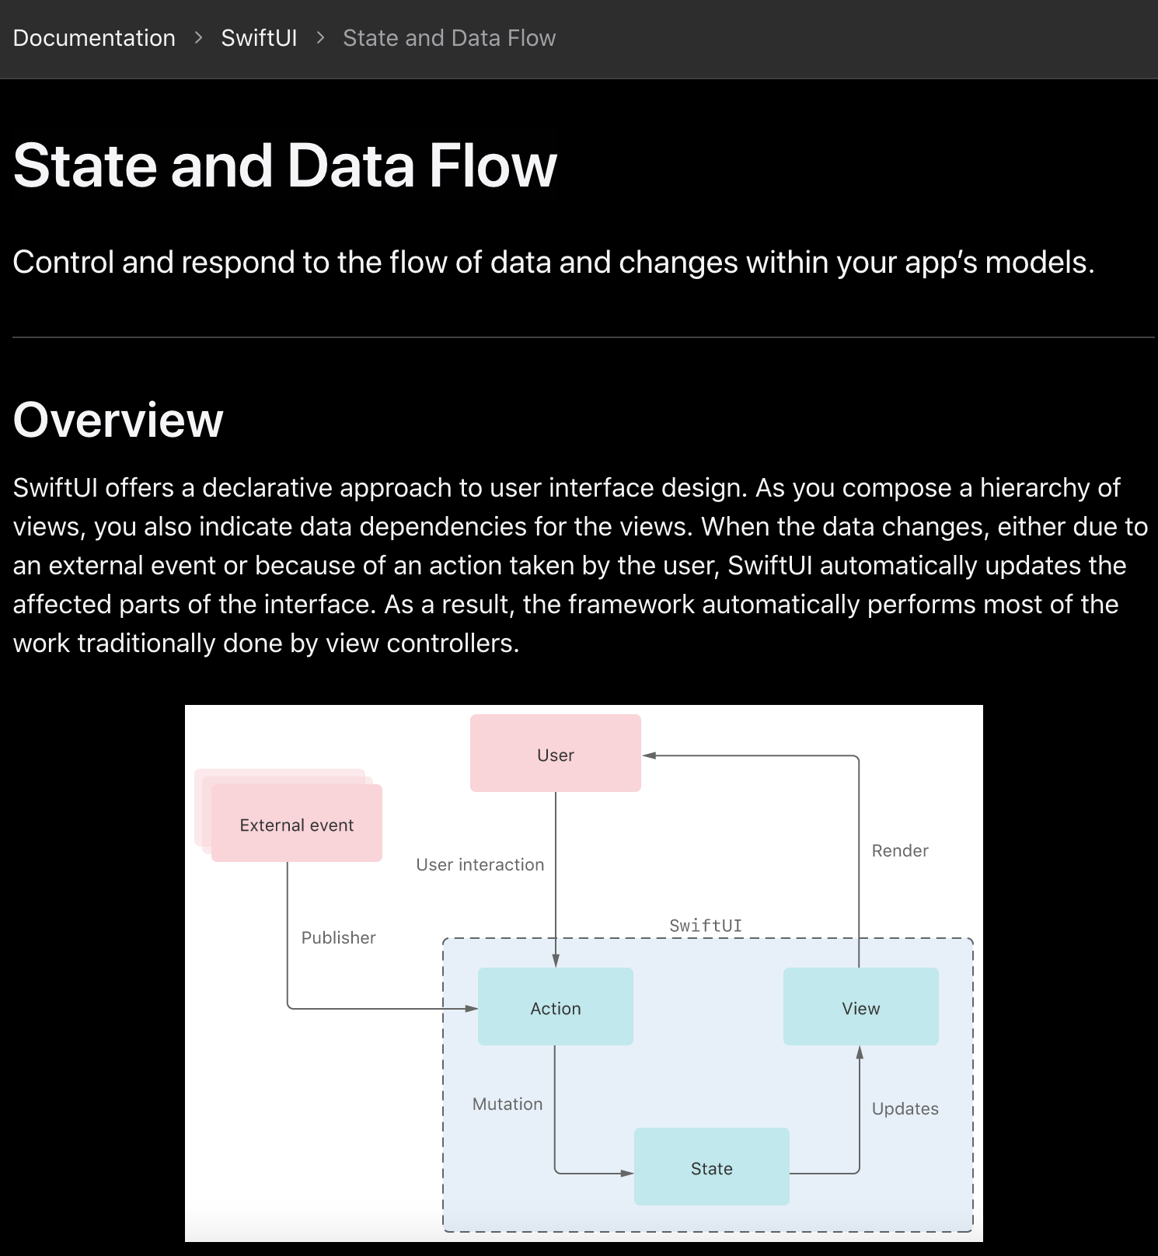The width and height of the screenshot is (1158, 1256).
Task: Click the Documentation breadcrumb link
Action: click(x=94, y=38)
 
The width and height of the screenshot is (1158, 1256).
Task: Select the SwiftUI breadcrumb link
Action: click(x=259, y=38)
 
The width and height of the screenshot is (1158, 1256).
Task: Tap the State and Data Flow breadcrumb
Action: click(x=449, y=38)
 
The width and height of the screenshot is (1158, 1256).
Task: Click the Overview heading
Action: click(x=118, y=420)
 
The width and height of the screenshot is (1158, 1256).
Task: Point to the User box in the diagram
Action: click(x=555, y=754)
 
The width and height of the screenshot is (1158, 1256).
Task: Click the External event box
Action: click(x=296, y=824)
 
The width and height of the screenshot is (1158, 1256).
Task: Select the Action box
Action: click(x=555, y=1007)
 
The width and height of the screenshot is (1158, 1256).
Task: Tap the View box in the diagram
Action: click(x=860, y=1007)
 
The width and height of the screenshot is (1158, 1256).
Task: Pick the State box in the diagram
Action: click(x=711, y=1167)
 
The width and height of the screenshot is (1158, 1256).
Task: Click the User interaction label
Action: click(x=480, y=864)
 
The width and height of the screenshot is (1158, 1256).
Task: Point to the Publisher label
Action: click(x=338, y=937)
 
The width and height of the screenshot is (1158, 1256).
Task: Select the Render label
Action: click(x=899, y=850)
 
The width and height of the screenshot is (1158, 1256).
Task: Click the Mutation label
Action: click(x=507, y=1104)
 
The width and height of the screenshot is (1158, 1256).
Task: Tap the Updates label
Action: click(x=905, y=1108)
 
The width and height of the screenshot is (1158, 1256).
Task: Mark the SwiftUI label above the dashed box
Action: click(x=705, y=925)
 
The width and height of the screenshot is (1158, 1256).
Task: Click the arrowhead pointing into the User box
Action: click(x=650, y=755)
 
